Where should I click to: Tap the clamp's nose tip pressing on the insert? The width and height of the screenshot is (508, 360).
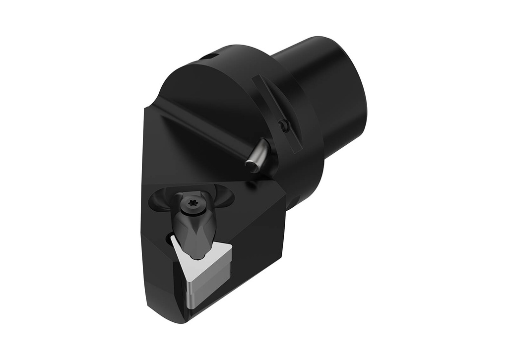(x=198, y=256)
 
